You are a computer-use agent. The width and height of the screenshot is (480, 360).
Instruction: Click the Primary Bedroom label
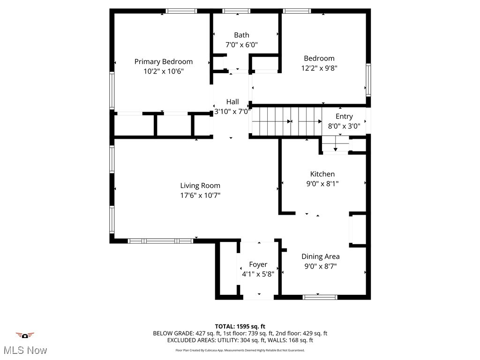coord(163,61)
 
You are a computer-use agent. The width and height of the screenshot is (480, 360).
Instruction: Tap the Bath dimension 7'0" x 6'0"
coord(242,45)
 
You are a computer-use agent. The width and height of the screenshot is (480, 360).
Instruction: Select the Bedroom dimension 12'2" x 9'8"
coord(319,67)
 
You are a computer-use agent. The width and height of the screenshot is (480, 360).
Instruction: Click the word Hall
coord(232,102)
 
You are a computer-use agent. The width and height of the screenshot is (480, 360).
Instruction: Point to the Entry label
coord(344,116)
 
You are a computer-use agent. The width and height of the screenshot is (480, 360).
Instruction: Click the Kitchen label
coord(322,174)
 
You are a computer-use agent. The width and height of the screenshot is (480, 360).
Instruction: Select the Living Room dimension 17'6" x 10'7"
coord(200,195)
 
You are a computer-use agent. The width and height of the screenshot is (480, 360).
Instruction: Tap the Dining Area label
coord(321,256)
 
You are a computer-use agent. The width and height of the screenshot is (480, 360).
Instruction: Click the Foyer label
coord(258,265)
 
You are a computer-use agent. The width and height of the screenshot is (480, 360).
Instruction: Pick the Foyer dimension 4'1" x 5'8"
coord(258,274)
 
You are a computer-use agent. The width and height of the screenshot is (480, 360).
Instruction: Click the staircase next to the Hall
coord(286,121)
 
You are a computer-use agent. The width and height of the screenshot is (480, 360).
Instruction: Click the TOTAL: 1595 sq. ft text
coord(240,326)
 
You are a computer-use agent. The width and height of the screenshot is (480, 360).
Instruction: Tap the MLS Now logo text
coord(25,350)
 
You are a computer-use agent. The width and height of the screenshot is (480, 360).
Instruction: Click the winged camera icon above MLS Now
coord(25,336)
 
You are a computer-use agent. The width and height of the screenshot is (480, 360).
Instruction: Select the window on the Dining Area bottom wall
coord(320,297)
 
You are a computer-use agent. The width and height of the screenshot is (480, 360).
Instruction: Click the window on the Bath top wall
coord(236,11)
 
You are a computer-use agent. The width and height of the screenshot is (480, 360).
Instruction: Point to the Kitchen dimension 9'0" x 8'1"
coord(322,183)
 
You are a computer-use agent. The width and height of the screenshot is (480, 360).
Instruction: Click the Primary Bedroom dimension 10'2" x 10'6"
coord(163,71)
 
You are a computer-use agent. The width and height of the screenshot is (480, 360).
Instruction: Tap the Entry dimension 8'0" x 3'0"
coord(344,126)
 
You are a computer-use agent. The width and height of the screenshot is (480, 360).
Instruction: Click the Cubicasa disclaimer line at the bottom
coord(240,350)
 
